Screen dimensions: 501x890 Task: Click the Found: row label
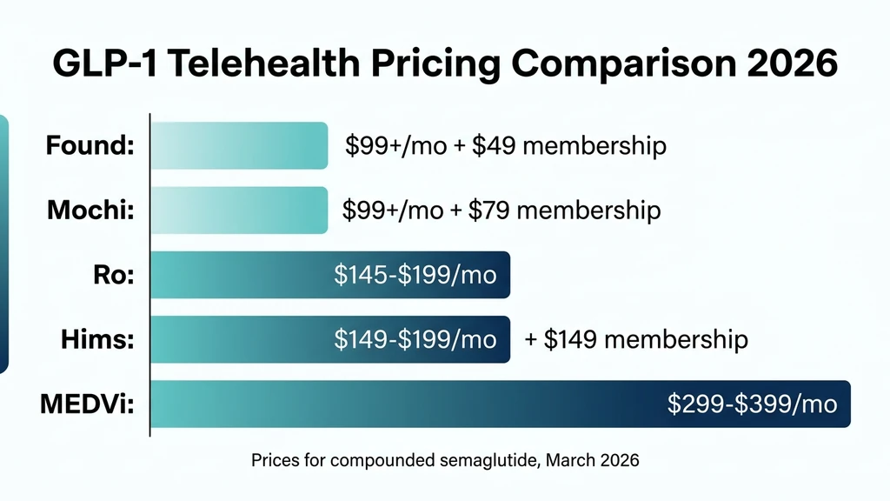(x=90, y=145)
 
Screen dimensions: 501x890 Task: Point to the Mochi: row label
(x=90, y=210)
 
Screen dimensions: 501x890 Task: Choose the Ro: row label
(x=113, y=275)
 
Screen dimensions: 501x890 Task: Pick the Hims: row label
(x=96, y=339)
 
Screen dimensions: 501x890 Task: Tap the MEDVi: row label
(x=87, y=404)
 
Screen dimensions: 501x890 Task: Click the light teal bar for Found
(x=239, y=145)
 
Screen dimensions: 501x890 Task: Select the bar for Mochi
(x=239, y=210)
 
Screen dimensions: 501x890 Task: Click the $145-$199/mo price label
(x=415, y=275)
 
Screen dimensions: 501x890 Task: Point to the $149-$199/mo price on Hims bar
(x=415, y=339)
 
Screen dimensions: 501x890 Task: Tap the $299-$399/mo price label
(x=752, y=404)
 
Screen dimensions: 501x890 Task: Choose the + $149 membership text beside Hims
(x=636, y=339)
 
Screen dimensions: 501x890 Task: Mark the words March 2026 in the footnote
(x=593, y=461)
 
